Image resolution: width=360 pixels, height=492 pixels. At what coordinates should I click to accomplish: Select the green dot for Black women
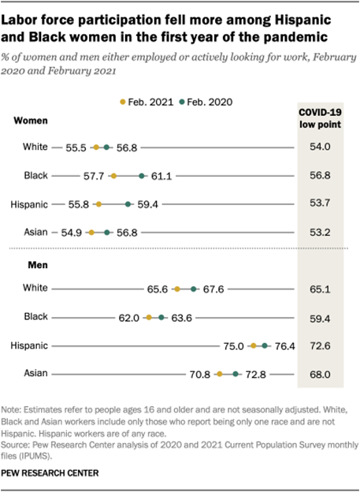coord(142,176)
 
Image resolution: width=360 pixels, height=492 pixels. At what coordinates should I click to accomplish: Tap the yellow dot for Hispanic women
coord(98,204)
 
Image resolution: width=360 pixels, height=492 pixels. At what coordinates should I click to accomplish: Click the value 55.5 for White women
coord(77,147)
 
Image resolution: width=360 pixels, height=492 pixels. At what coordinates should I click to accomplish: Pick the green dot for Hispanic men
coord(265,345)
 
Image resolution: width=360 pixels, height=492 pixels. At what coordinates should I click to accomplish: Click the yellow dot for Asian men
coord(219,374)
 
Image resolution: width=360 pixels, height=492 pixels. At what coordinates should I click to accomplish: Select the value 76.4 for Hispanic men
coord(284,345)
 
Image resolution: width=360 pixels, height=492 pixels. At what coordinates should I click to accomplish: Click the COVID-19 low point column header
coord(320,119)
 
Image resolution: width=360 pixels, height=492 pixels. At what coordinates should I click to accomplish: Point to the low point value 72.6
coord(320,346)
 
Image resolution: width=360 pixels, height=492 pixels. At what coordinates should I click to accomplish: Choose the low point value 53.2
coord(320,233)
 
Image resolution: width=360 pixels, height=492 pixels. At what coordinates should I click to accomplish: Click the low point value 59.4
coord(320,318)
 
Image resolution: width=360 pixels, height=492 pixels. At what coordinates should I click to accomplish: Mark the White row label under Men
coord(36,289)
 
